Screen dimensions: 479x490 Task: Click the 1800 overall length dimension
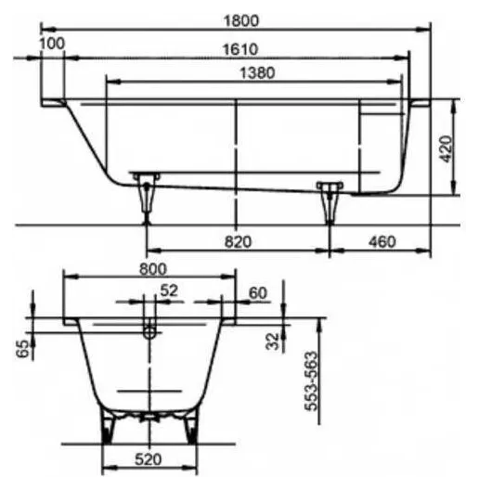click(241, 20)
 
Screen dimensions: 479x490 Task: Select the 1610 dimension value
click(240, 49)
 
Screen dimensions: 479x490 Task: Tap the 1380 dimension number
click(257, 73)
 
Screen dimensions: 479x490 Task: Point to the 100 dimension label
click(52, 44)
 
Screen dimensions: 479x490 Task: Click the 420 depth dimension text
click(447, 148)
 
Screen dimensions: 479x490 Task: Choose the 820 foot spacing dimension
click(238, 242)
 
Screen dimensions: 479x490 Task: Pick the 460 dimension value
click(382, 241)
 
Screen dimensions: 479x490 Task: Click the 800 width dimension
click(153, 269)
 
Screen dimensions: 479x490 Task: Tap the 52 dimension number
click(169, 290)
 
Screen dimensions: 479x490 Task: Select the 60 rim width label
click(258, 293)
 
